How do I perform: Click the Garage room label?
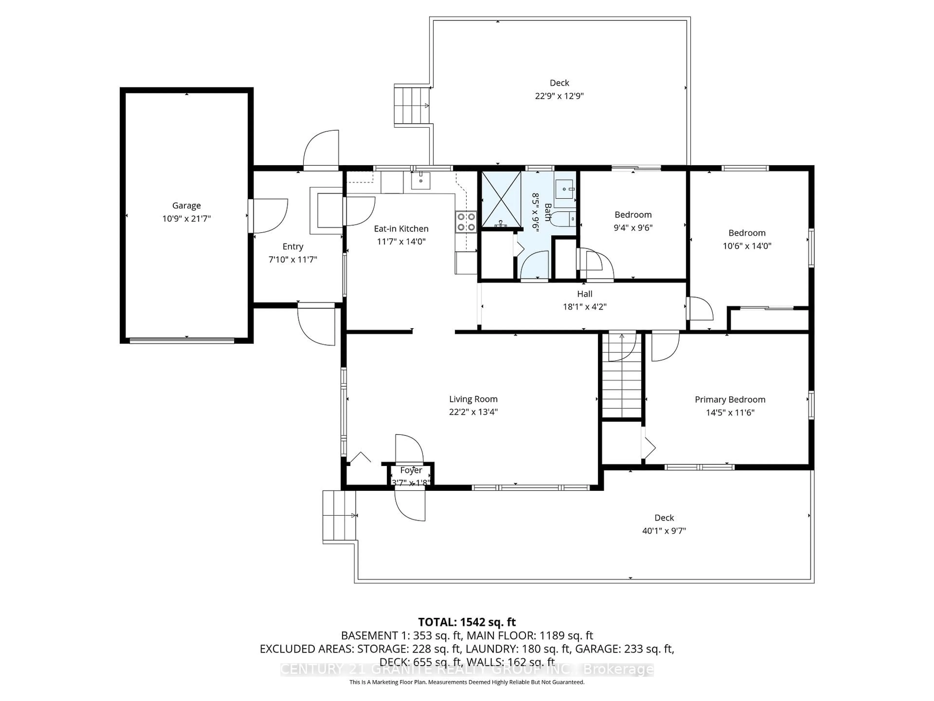point(186,205)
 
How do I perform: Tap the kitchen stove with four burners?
point(466,222)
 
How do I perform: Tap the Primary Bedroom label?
point(730,399)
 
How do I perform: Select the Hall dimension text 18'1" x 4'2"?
point(584,307)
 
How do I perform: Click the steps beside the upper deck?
point(412,105)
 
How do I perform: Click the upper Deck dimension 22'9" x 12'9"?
point(559,96)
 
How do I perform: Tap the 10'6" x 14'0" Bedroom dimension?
point(746,246)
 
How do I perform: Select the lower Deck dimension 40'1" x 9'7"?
point(664,531)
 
